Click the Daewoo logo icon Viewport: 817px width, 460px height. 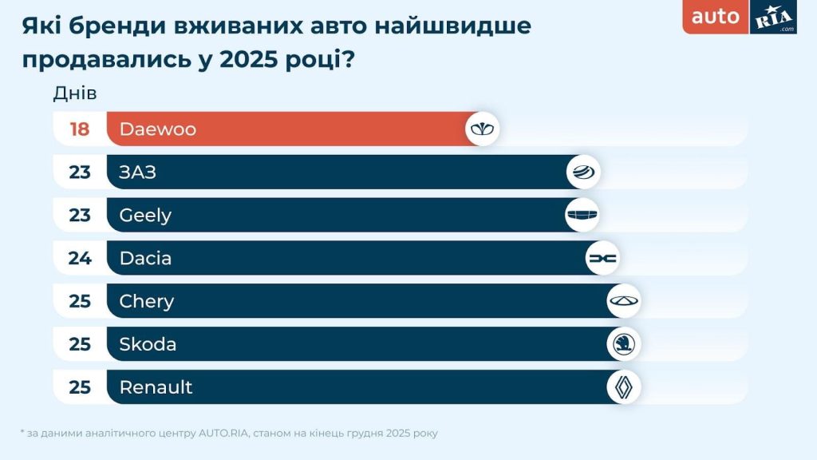(483, 129)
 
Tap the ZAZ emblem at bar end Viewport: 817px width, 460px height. (583, 172)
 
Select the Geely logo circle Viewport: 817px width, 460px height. (582, 215)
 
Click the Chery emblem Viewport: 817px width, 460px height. (624, 301)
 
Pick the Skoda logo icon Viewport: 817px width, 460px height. (624, 344)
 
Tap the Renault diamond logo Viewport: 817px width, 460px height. (624, 387)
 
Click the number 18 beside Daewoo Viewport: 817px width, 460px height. (80, 129)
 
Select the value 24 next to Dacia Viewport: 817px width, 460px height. (80, 258)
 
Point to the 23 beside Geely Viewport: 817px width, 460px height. (80, 215)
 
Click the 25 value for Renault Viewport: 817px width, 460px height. (80, 387)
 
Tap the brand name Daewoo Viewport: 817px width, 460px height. (157, 129)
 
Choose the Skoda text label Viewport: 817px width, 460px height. (148, 344)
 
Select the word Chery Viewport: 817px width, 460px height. (146, 301)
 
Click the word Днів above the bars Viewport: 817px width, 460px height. (75, 93)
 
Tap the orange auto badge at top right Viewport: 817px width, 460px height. (716, 17)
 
